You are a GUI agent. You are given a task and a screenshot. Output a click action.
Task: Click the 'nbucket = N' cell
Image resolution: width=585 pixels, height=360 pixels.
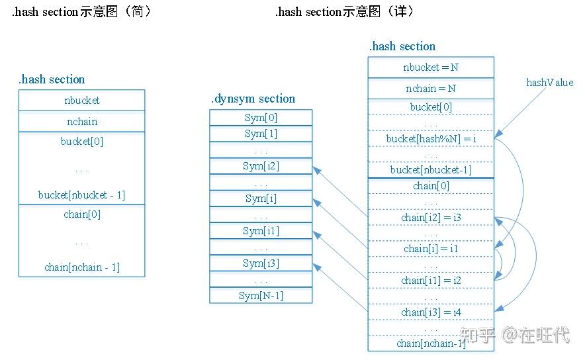point(431,67)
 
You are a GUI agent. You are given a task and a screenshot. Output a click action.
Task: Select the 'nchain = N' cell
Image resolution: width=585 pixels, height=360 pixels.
point(431,89)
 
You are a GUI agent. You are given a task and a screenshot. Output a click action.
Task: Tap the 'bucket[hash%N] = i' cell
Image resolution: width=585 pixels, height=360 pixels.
point(431,139)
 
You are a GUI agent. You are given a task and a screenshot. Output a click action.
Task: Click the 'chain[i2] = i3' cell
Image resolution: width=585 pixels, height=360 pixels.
point(431,218)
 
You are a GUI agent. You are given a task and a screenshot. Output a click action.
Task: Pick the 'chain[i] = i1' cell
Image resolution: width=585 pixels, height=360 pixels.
point(431,249)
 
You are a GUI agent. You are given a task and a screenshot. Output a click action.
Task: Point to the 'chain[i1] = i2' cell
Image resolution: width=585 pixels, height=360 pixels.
point(431,281)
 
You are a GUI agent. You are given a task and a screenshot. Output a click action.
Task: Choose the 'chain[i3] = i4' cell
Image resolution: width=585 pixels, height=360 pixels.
point(431,312)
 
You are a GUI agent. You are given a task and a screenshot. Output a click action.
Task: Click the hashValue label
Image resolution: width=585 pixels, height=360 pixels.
point(549,83)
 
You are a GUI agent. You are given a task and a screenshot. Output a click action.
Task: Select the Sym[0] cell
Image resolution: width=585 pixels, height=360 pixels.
point(261,118)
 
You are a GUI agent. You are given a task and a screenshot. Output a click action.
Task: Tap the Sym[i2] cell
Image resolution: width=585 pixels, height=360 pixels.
point(261,166)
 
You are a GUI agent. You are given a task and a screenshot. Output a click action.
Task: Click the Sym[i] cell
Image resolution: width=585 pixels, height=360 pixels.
point(261,199)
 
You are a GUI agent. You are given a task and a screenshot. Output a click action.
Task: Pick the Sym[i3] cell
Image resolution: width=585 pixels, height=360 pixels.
point(261,263)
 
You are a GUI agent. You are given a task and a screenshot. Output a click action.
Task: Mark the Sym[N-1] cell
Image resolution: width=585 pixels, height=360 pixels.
point(261,296)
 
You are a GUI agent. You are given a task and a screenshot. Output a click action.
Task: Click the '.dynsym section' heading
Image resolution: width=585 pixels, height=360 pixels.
point(253,99)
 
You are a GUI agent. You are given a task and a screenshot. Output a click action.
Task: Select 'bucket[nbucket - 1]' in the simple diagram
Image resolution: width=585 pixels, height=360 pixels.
point(81,195)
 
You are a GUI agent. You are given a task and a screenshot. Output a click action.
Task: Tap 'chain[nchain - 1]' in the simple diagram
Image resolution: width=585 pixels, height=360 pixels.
point(81,267)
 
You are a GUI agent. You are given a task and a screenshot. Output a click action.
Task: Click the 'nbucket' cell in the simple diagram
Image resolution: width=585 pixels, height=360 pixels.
point(81,101)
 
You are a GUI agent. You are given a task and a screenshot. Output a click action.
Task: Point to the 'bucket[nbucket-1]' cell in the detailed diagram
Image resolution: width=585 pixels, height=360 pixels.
point(431,170)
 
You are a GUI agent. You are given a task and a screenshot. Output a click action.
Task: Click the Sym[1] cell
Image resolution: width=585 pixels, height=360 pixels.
point(261,134)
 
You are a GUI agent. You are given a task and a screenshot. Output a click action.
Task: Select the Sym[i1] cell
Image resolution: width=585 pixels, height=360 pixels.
point(261,231)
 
